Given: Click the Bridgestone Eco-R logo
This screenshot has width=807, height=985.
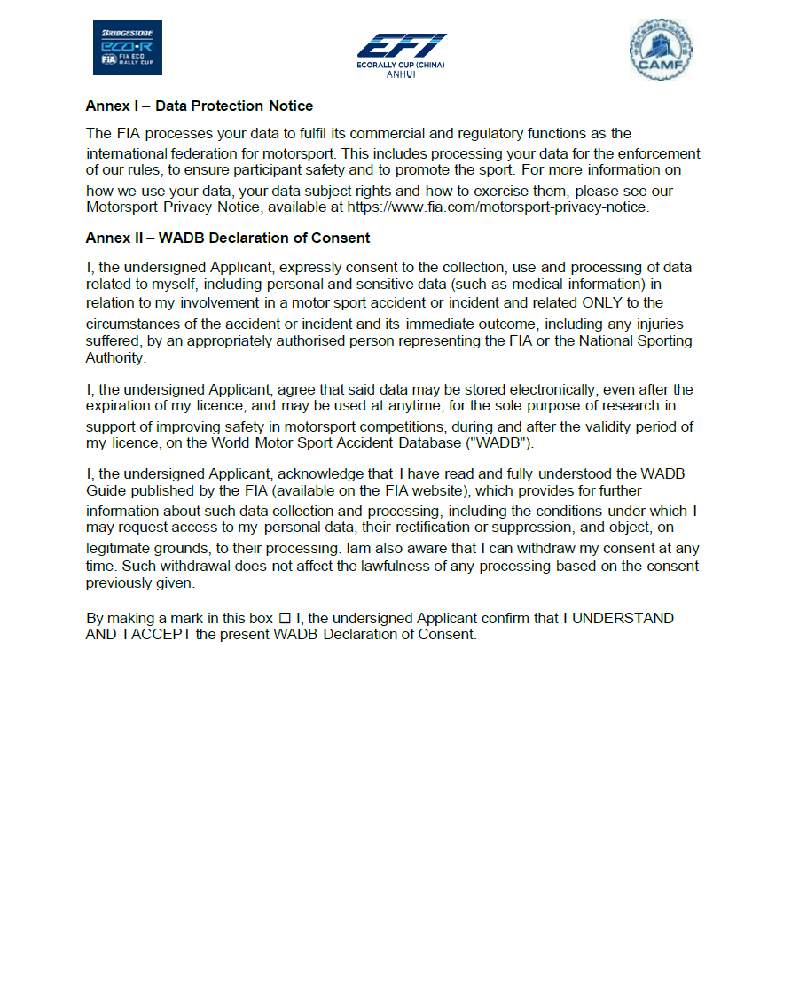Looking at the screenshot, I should (x=127, y=47).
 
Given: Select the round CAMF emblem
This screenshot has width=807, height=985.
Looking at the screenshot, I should (x=660, y=50).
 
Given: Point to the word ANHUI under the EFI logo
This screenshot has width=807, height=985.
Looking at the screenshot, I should (x=401, y=74).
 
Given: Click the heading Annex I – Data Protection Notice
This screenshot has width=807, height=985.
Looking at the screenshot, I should (x=199, y=106).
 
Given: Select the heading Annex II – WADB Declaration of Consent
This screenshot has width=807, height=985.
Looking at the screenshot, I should (x=228, y=238).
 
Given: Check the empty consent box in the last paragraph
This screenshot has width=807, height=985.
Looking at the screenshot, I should (x=285, y=618).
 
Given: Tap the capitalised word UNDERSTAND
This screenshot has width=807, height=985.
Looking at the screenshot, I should (x=623, y=618).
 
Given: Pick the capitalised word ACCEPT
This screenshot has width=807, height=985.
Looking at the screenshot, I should (x=161, y=635).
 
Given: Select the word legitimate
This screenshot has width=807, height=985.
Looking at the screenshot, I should (x=120, y=549).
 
